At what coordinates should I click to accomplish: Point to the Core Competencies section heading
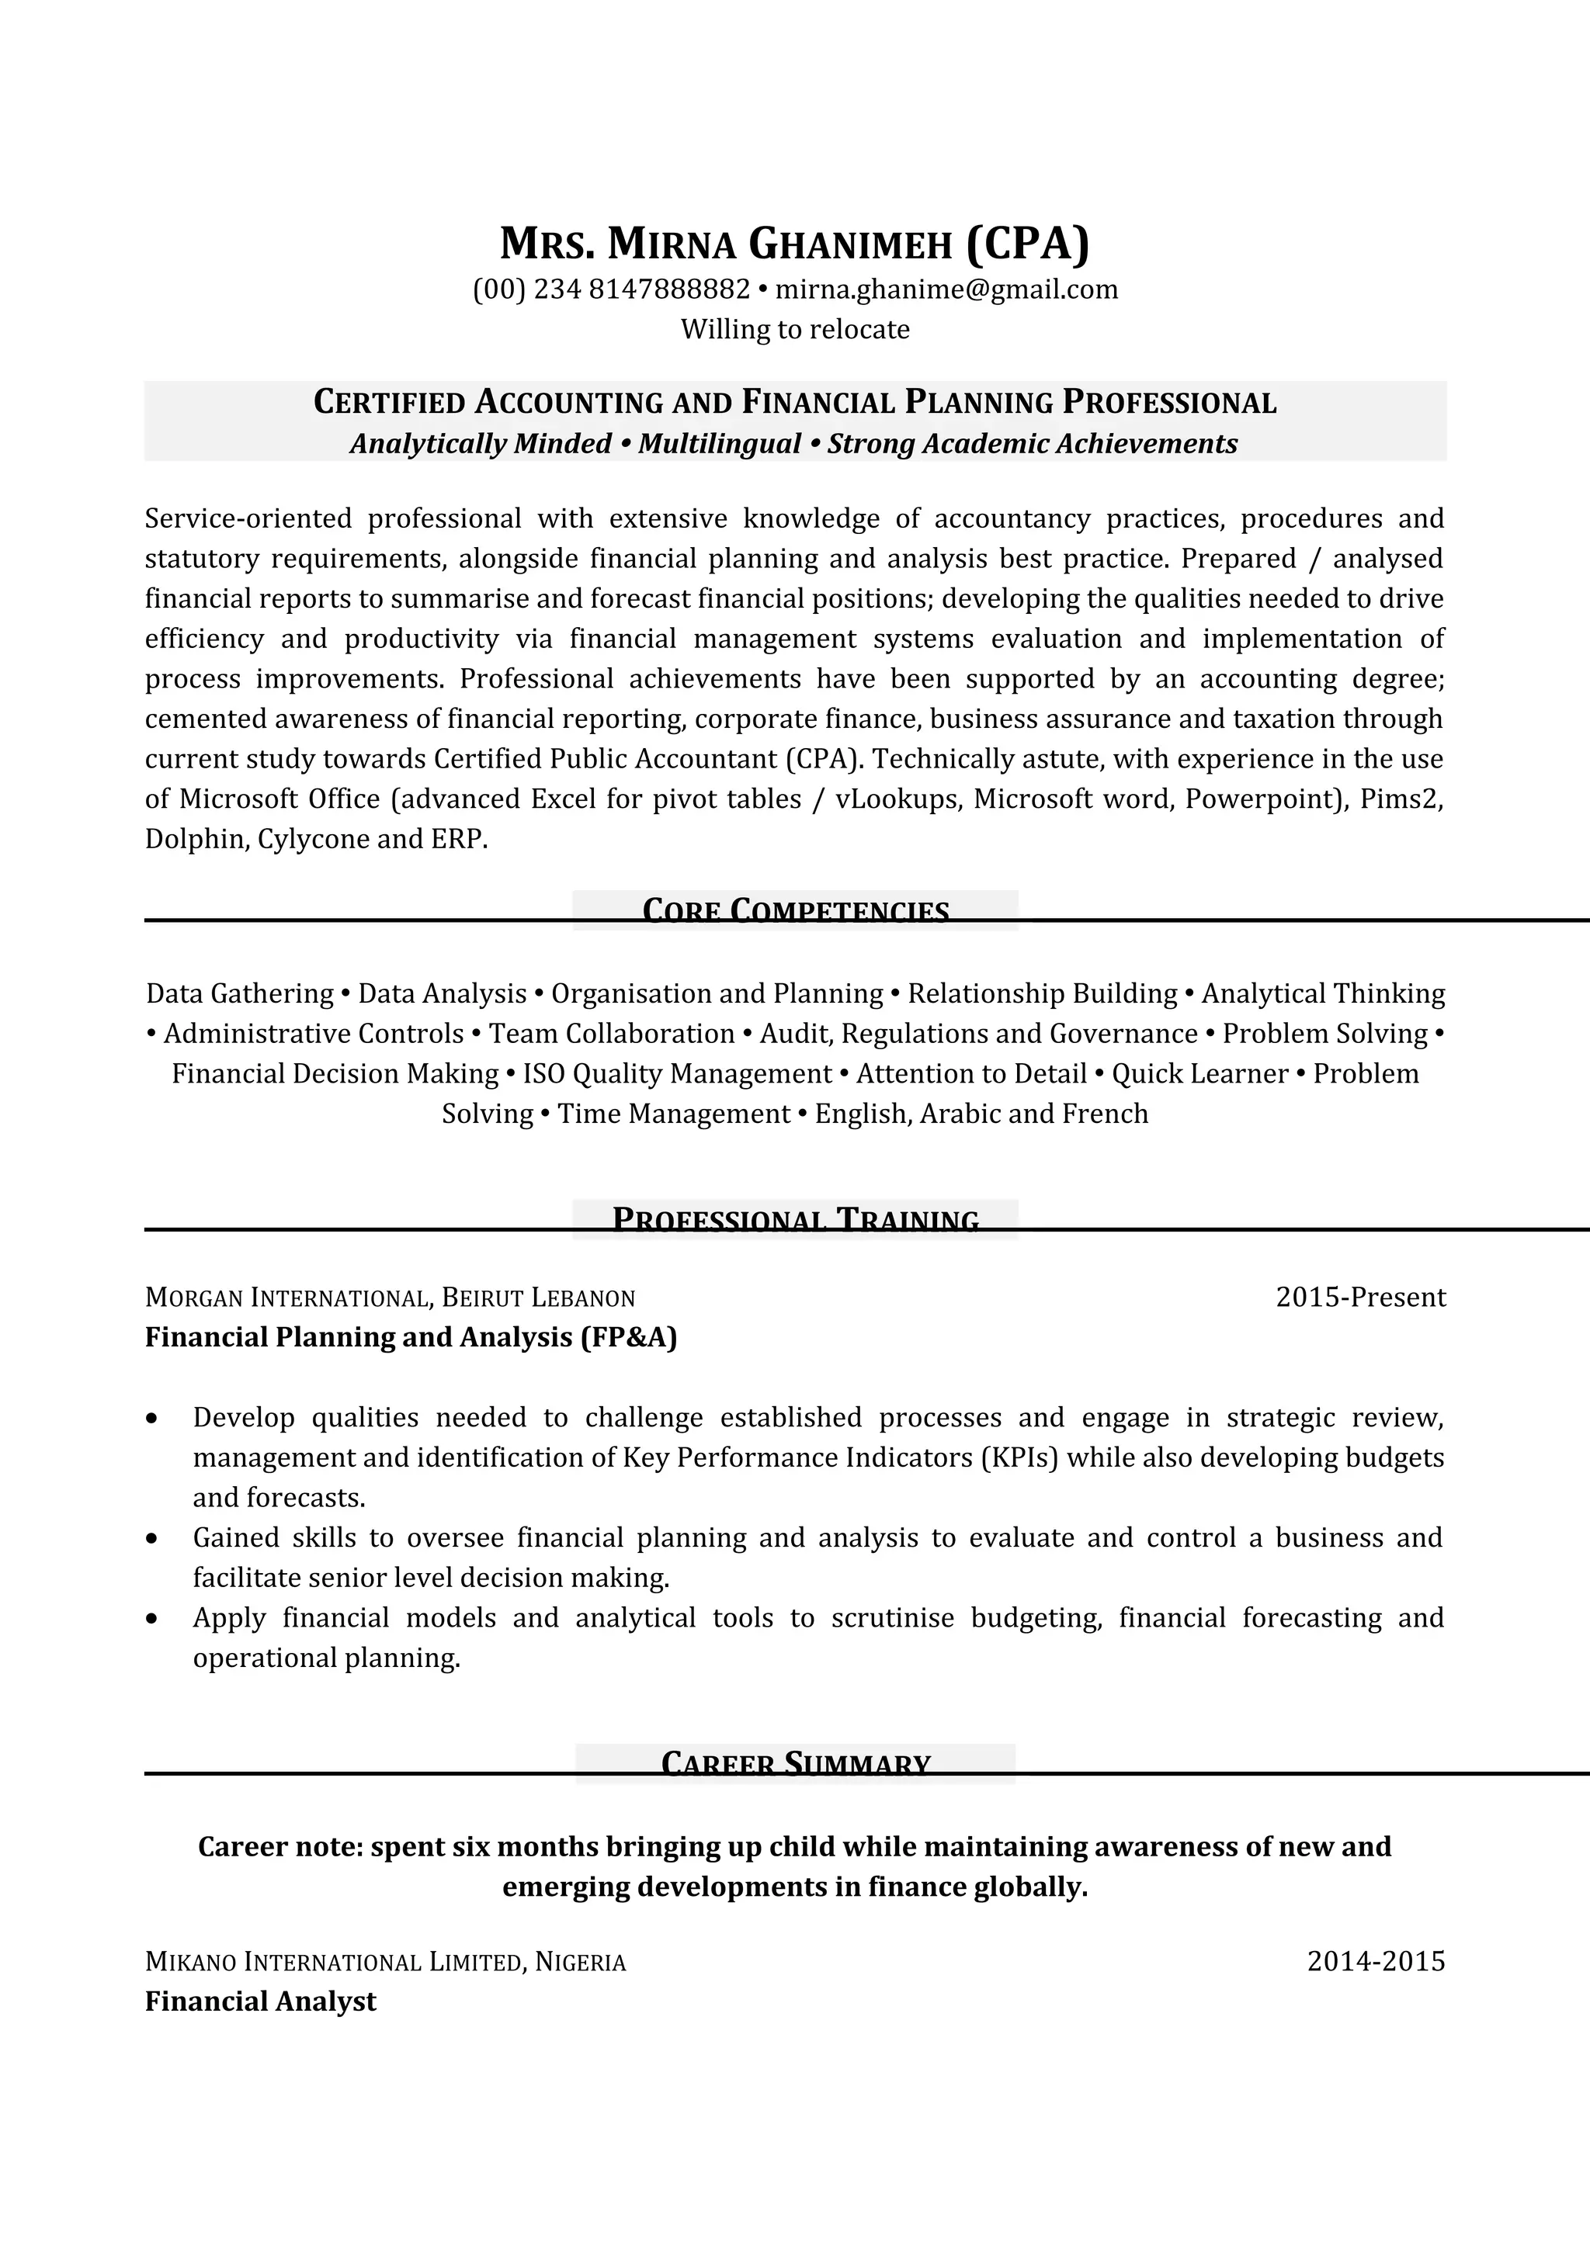click(796, 911)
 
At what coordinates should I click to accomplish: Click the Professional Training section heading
click(796, 1219)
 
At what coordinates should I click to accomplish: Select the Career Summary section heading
click(796, 1764)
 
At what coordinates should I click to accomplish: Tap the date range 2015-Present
click(1359, 1298)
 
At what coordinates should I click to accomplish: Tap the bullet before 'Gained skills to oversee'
click(152, 1539)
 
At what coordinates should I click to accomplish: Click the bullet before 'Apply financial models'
click(152, 1619)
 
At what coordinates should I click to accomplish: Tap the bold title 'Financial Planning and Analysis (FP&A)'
click(411, 1338)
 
